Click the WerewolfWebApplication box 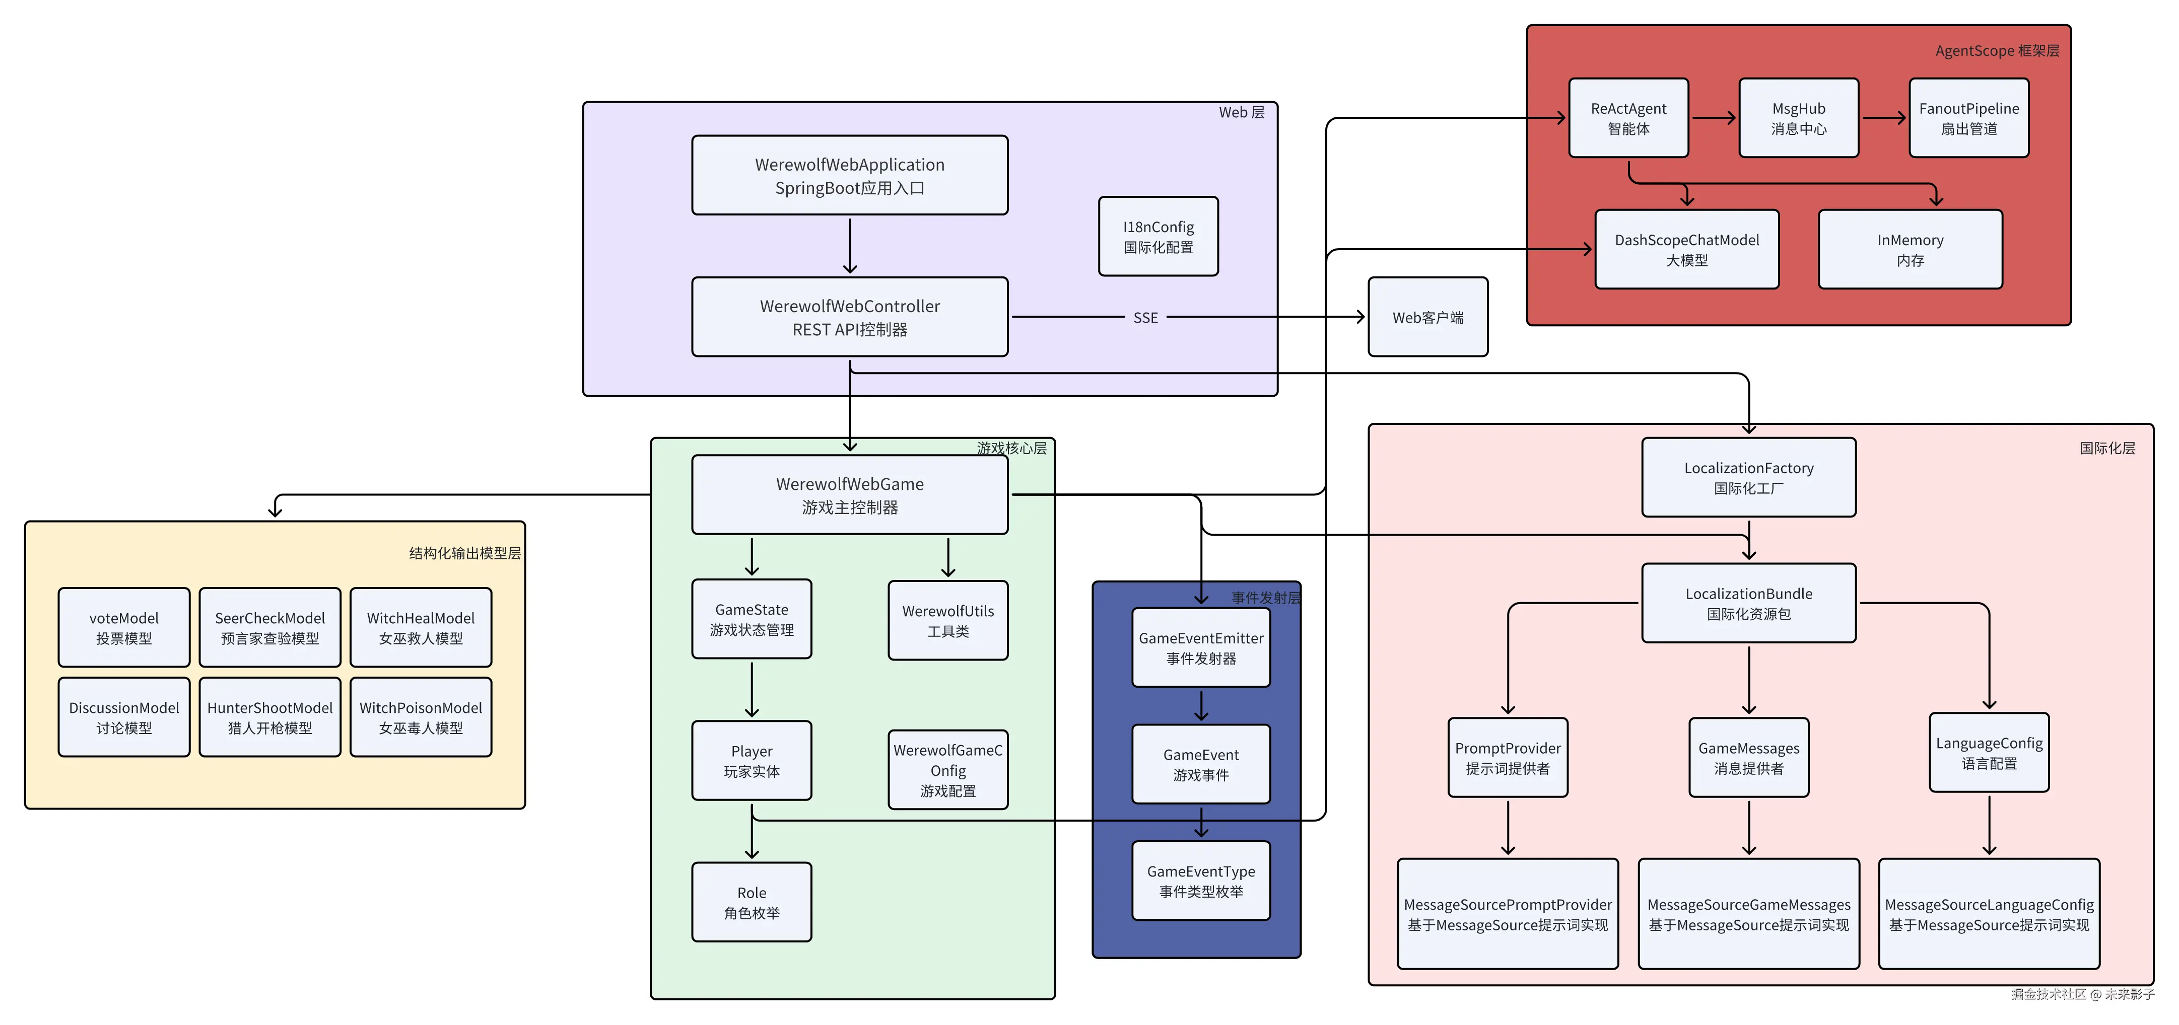click(849, 175)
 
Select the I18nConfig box click(1158, 237)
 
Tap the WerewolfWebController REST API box click(849, 317)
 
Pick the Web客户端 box click(1428, 317)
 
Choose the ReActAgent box click(1628, 118)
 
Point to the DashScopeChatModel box click(1687, 250)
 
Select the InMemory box click(1910, 250)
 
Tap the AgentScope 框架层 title click(1996, 51)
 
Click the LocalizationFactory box click(1748, 477)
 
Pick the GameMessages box click(1748, 758)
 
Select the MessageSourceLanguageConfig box click(1989, 914)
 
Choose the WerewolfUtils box click(947, 620)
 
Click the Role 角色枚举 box click(751, 902)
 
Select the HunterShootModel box click(270, 717)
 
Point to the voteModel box click(123, 627)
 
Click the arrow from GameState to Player click(751, 689)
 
